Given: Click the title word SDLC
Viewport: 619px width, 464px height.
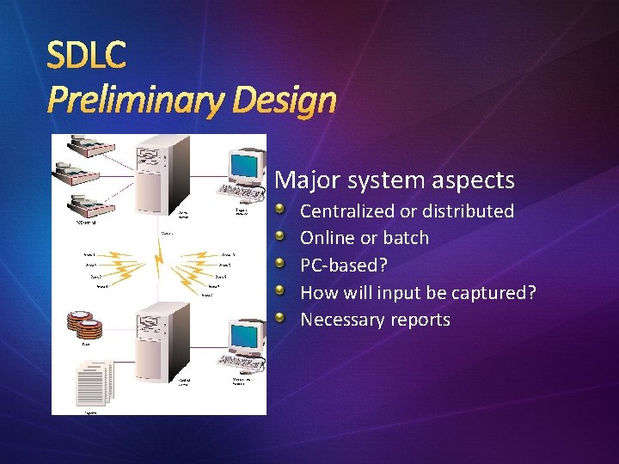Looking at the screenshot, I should [x=87, y=56].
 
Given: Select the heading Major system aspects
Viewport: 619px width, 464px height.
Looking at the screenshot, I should [x=395, y=180].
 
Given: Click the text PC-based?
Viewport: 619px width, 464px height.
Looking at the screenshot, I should [x=344, y=266].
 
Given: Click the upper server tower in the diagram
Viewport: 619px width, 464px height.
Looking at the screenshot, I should [x=163, y=172].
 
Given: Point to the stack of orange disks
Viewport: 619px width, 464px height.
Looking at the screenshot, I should [x=84, y=324].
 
